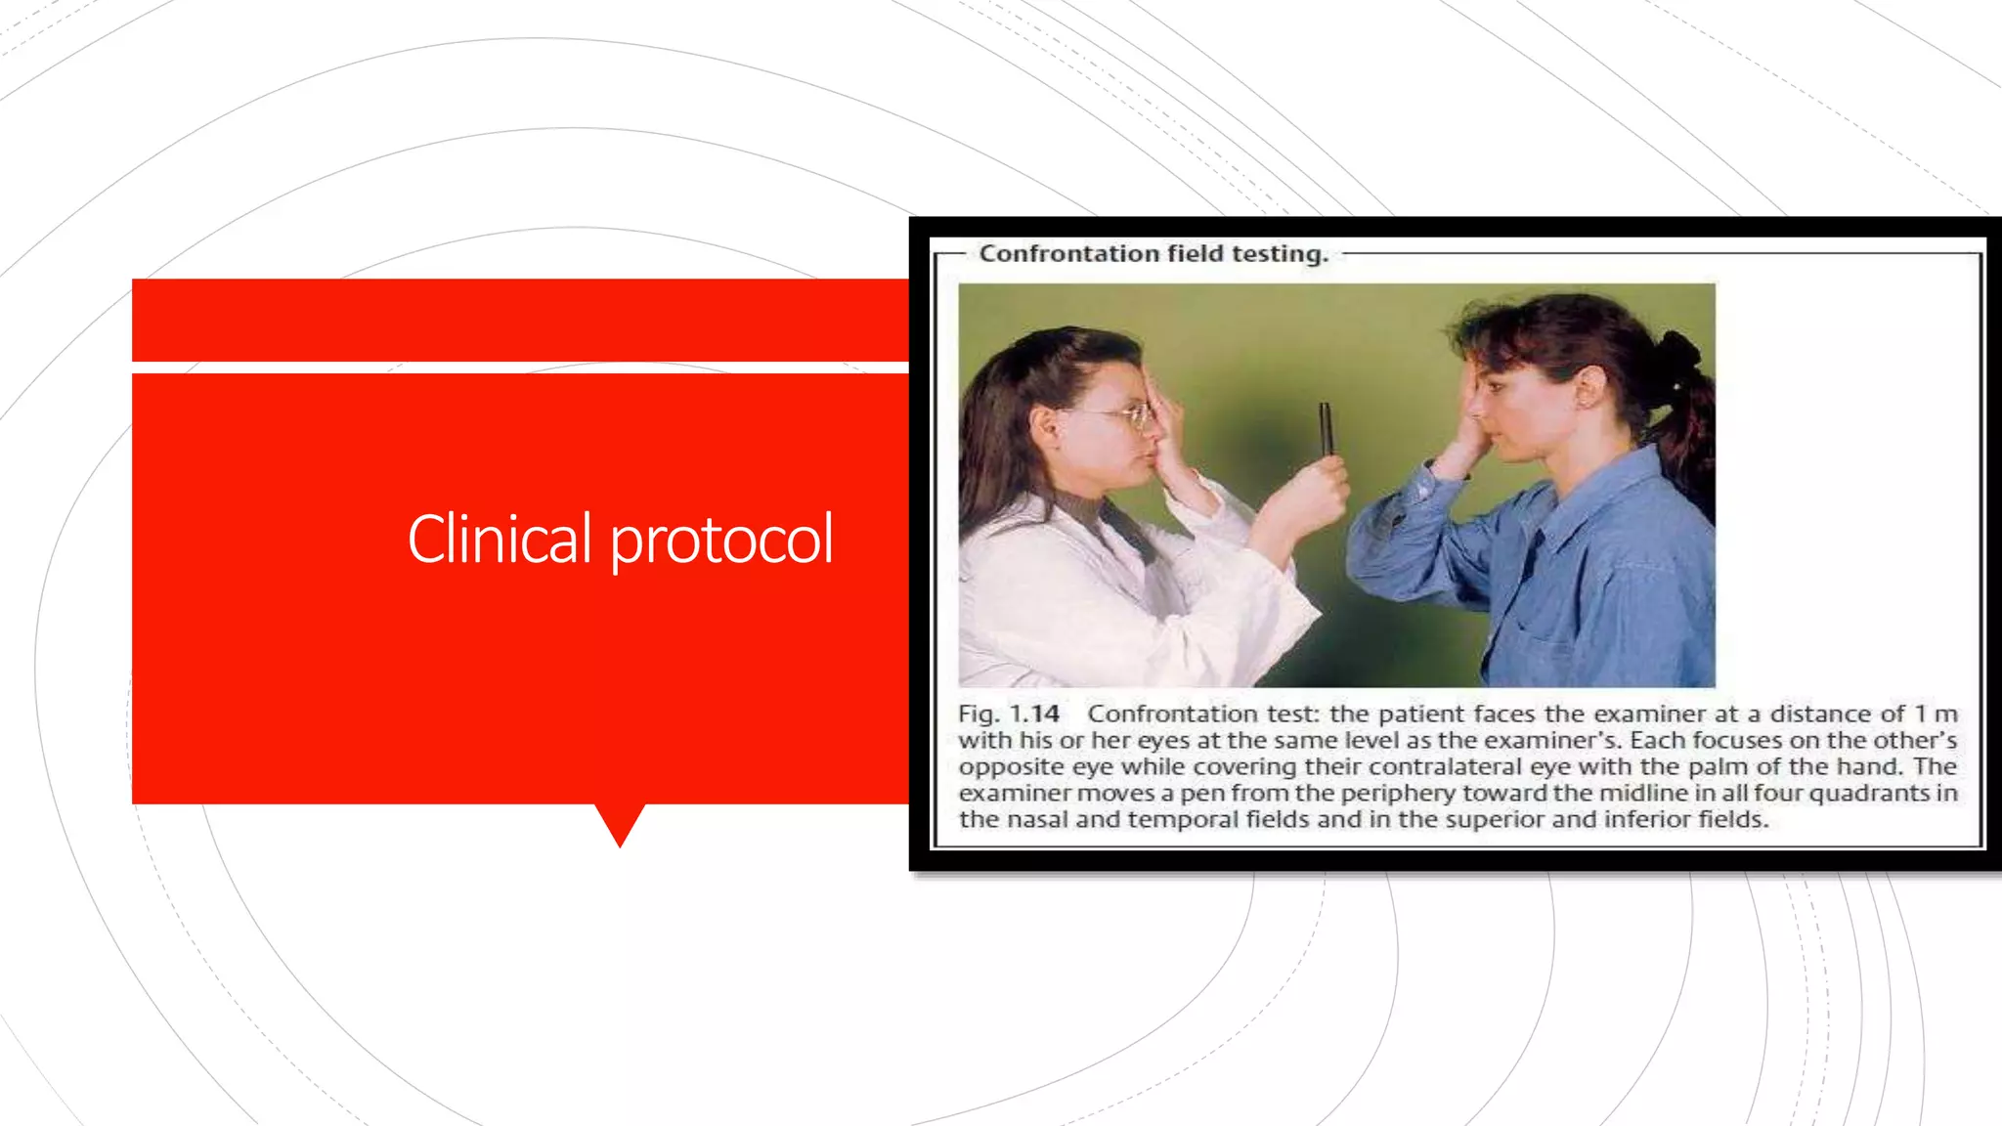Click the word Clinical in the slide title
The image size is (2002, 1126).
(x=499, y=540)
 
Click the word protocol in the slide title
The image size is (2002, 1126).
(x=721, y=540)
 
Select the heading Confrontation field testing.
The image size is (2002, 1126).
(x=1153, y=254)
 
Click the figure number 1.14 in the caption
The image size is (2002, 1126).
(x=1034, y=715)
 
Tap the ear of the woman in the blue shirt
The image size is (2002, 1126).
(x=1589, y=386)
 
